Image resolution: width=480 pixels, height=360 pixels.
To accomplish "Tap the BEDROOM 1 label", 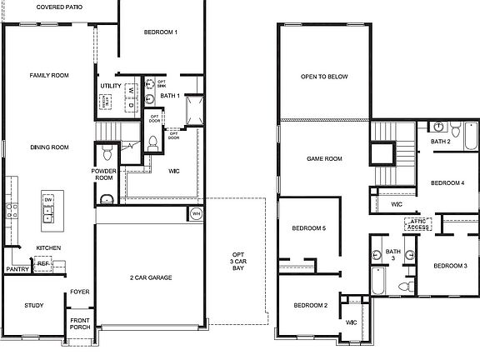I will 161,32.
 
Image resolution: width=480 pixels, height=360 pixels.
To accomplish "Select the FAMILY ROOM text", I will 49,76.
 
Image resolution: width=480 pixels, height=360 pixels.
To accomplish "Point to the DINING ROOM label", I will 49,147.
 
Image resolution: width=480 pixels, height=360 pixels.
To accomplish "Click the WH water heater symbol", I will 196,213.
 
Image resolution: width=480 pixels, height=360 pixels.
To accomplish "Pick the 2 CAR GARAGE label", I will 151,277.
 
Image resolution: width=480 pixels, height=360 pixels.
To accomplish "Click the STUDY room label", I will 33,305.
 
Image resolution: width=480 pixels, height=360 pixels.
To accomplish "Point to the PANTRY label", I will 17,269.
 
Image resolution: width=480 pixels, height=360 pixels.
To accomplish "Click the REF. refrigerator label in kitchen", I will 43,262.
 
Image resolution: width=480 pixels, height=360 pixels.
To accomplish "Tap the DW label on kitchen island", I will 49,201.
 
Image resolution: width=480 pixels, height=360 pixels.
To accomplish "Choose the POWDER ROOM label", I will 103,174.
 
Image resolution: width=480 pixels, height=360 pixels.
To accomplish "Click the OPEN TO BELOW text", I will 324,77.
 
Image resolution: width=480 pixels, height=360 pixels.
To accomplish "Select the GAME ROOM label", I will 324,158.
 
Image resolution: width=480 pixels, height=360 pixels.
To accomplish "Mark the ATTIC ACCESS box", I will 417,223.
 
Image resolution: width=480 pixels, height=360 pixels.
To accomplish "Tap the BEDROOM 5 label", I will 308,228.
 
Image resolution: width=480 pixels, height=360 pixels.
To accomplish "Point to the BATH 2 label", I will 441,142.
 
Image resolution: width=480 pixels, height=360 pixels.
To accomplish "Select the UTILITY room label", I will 111,86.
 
